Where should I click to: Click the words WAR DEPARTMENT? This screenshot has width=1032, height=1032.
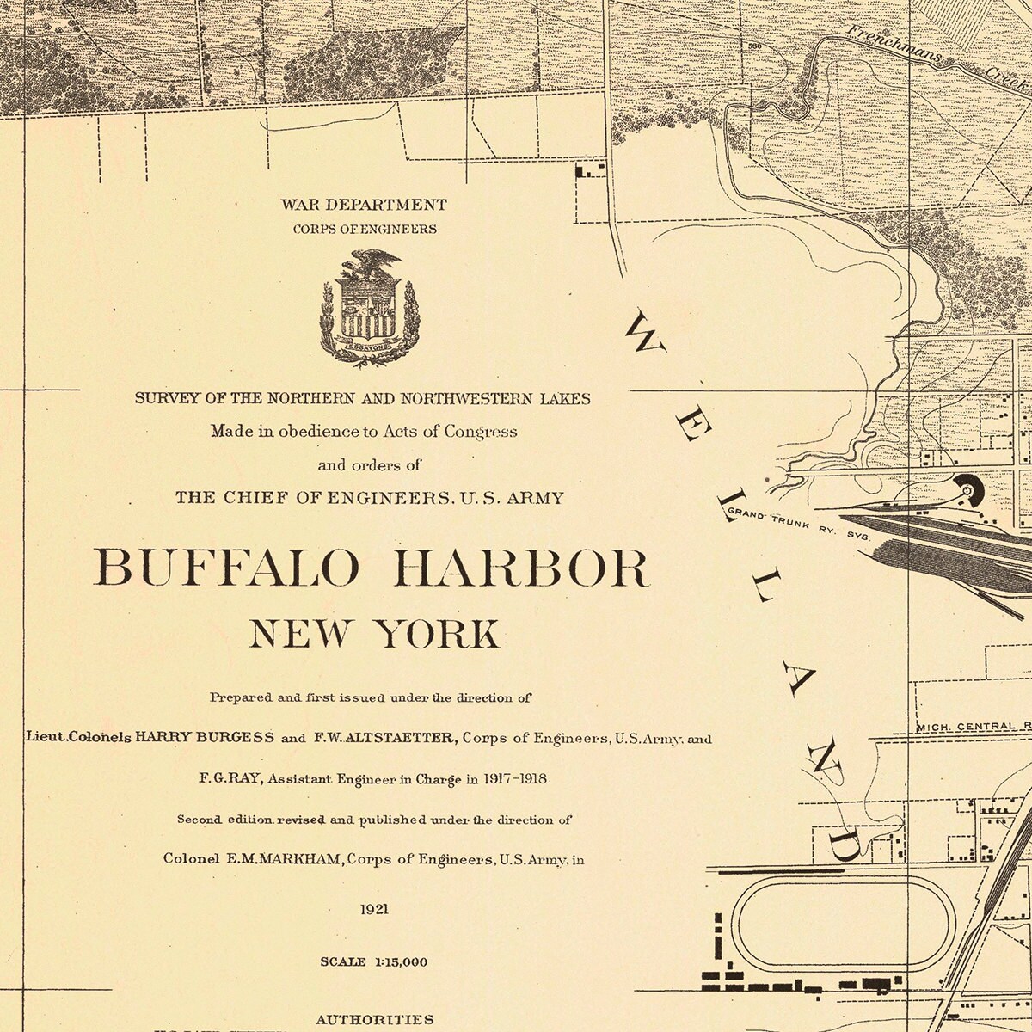point(363,206)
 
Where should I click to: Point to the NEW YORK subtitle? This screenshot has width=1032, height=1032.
point(374,634)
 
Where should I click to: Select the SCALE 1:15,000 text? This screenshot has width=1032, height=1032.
point(373,961)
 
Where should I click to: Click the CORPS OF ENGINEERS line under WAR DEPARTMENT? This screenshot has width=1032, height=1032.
point(363,230)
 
